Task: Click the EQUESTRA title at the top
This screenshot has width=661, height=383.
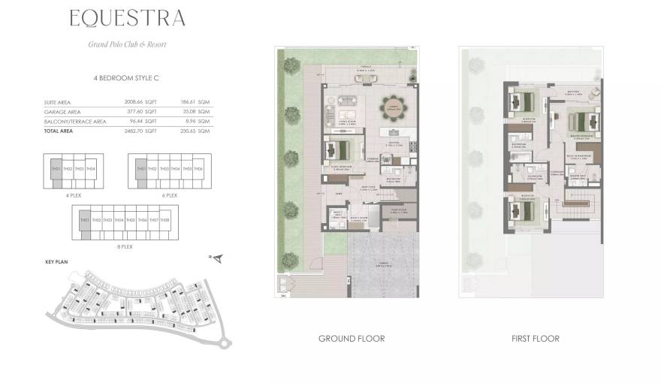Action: tap(127, 18)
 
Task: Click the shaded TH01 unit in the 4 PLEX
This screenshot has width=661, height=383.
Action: tap(56, 169)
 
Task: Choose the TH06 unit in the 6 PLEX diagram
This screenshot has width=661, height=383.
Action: tap(198, 169)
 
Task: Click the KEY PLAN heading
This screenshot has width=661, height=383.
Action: tap(57, 264)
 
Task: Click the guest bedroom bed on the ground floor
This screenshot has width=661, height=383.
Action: tap(340, 149)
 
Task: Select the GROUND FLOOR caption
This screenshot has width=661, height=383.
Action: tap(352, 339)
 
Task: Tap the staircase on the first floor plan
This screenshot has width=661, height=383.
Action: tap(581, 204)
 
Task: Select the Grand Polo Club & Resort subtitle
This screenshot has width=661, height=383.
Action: tap(127, 44)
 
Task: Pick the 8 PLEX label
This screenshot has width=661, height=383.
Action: tap(125, 246)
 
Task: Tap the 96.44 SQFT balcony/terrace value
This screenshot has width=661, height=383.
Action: tap(140, 120)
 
